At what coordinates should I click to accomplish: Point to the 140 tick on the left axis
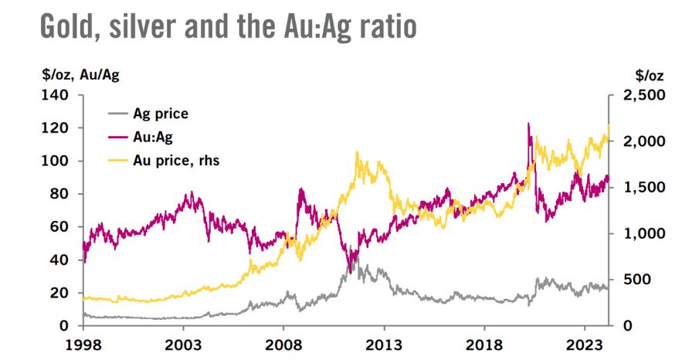(x=58, y=95)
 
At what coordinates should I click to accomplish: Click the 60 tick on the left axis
(x=62, y=227)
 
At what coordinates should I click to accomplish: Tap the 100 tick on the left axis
(x=58, y=161)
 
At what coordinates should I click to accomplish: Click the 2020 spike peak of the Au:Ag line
(x=528, y=124)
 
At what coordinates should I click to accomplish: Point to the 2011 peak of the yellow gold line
(x=357, y=153)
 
